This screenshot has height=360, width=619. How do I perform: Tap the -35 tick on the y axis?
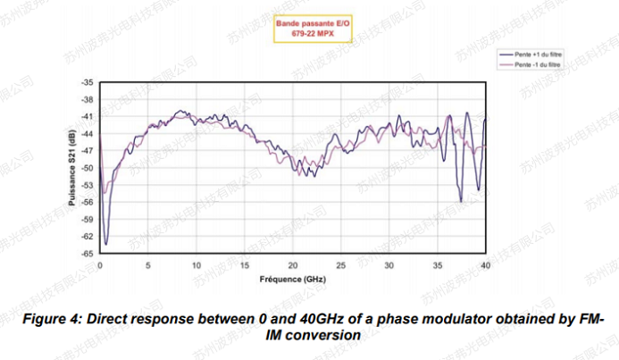tap(88, 82)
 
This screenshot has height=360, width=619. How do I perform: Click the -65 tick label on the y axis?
tap(88, 254)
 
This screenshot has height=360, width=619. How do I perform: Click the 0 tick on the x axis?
tap(100, 266)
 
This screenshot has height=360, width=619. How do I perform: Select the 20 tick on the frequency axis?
tap(293, 266)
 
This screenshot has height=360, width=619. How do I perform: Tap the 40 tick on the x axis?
tap(486, 266)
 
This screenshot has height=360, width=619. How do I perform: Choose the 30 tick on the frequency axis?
tap(389, 266)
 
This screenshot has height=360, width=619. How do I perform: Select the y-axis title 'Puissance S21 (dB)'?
tap(71, 168)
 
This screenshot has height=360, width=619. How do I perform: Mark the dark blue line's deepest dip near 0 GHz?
tap(105, 244)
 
